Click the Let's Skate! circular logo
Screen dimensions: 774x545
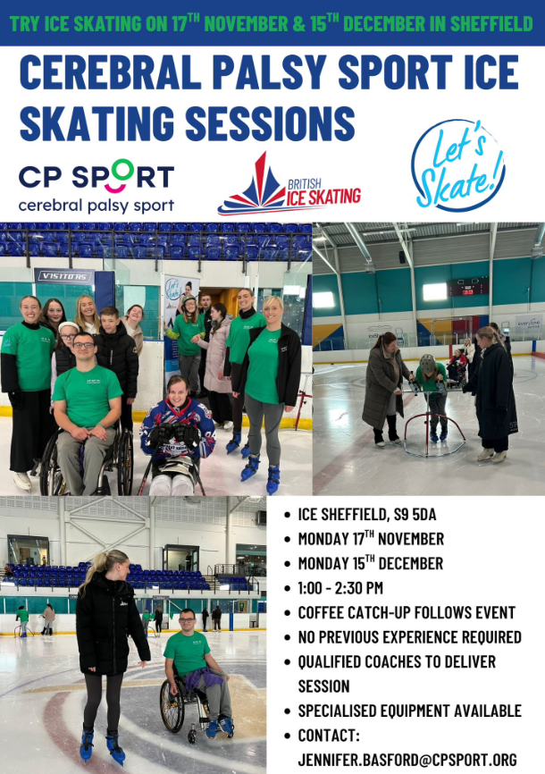pyautogui.click(x=457, y=165)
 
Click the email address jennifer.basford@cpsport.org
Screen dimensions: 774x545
pyautogui.click(x=407, y=760)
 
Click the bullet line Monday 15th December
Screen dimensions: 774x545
pyautogui.click(x=370, y=564)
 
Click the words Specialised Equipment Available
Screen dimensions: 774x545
pyautogui.click(x=409, y=711)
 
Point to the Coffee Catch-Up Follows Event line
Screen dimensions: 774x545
pyautogui.click(x=407, y=613)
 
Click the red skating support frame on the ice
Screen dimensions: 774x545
pyautogui.click(x=434, y=429)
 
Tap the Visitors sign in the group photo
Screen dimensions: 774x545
pyautogui.click(x=64, y=276)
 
